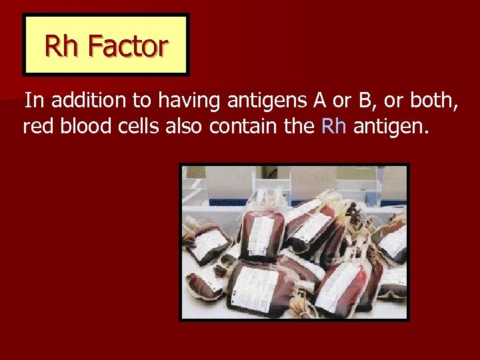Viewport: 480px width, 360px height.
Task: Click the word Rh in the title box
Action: coord(62,46)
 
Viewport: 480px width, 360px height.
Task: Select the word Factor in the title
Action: coord(127,46)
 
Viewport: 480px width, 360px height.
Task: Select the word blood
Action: coord(85,126)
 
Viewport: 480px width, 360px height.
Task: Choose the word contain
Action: coord(244,126)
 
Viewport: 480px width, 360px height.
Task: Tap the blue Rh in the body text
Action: coord(333,126)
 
